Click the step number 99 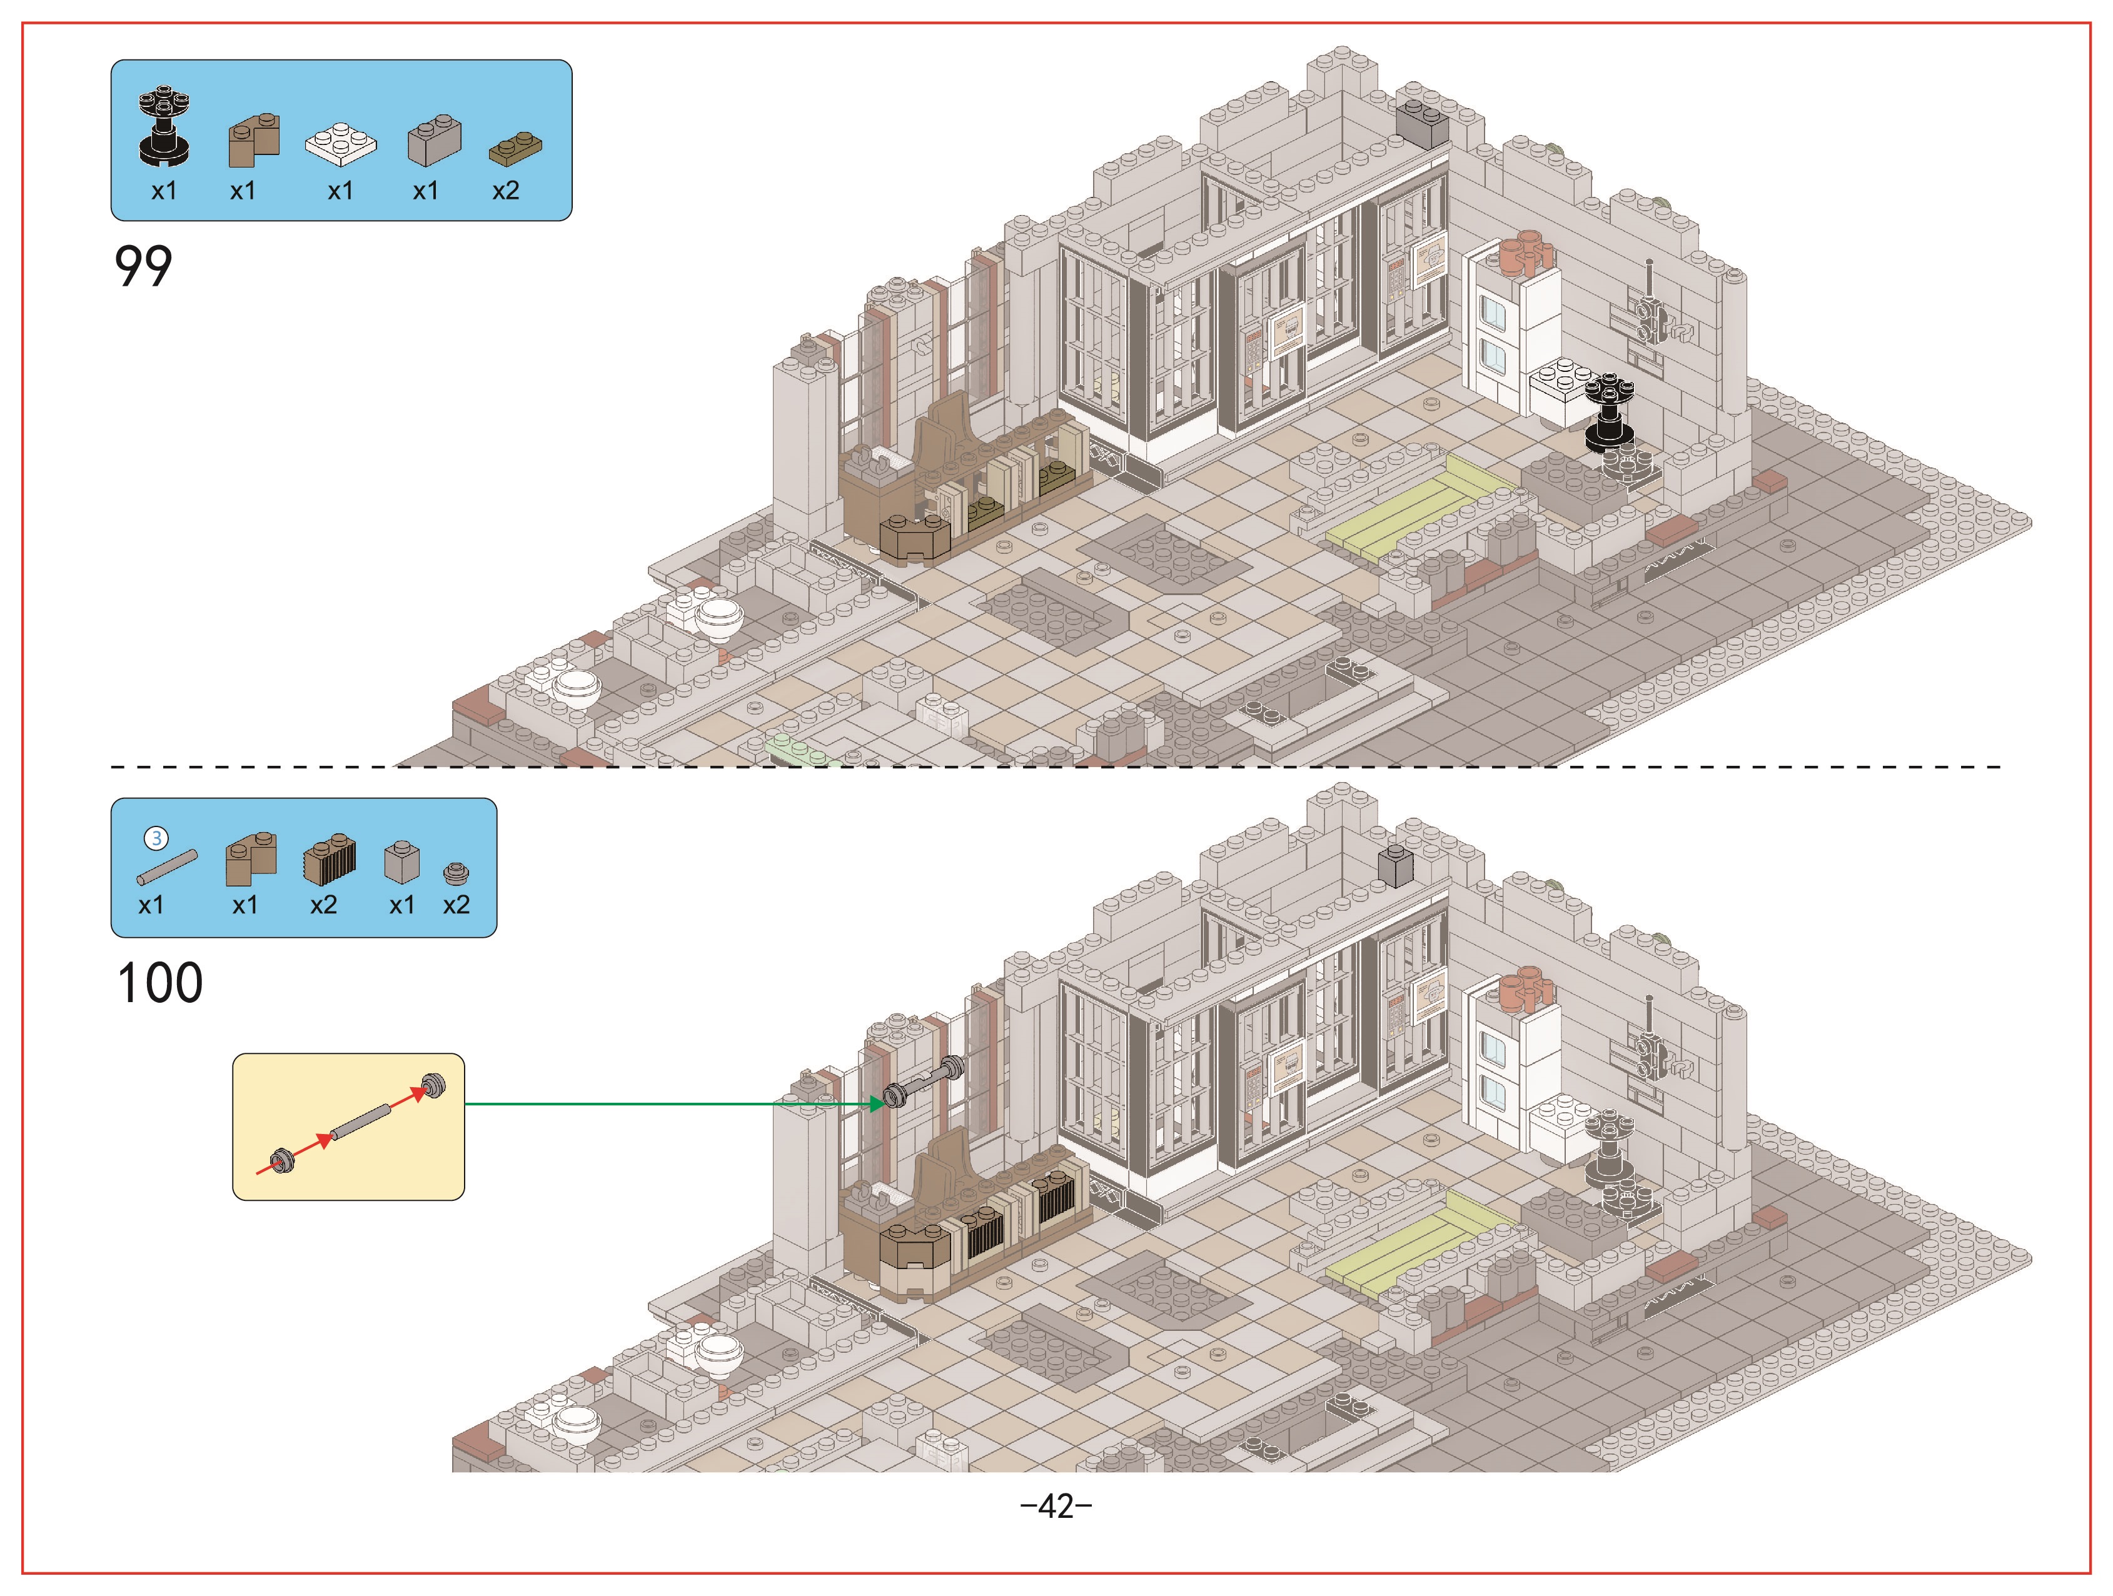pyautogui.click(x=143, y=266)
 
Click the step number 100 pyautogui.click(x=159, y=983)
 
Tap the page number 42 pyautogui.click(x=1057, y=1506)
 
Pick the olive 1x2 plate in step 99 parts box pyautogui.click(x=516, y=149)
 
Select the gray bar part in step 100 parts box pyautogui.click(x=167, y=867)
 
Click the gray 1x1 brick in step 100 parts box pyautogui.click(x=401, y=861)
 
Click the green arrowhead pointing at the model pyautogui.click(x=876, y=1104)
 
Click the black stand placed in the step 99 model pyautogui.click(x=1610, y=413)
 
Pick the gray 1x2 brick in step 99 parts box pyautogui.click(x=435, y=141)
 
